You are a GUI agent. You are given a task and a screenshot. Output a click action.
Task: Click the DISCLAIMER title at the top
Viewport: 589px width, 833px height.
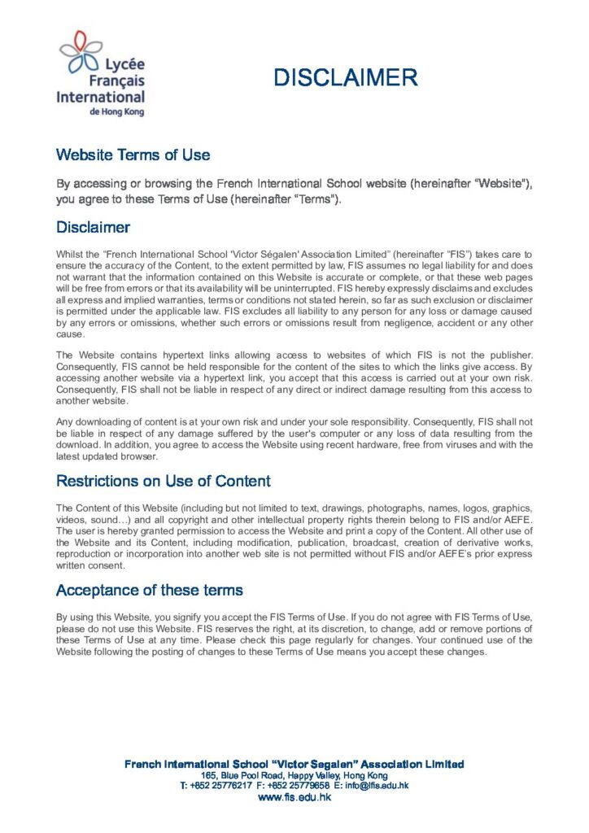tap(345, 77)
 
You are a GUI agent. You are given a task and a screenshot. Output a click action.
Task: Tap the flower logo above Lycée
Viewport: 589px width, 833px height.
tap(80, 50)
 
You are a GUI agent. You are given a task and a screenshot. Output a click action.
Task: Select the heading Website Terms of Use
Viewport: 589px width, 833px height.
tap(133, 155)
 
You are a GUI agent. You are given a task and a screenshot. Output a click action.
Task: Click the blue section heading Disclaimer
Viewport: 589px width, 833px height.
tap(93, 227)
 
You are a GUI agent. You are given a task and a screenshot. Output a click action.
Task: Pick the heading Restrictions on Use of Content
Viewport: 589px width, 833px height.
tap(163, 481)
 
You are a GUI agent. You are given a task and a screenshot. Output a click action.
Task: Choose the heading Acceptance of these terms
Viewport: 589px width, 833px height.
tap(149, 589)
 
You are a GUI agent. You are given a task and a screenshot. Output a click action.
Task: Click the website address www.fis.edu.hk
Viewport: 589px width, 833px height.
tap(294, 798)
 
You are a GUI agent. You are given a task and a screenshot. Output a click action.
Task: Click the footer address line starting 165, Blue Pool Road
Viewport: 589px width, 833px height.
tap(294, 775)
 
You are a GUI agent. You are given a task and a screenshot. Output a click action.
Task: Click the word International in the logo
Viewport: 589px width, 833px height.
tap(100, 97)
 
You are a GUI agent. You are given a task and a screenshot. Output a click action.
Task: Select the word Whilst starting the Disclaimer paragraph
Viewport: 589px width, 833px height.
tap(69, 255)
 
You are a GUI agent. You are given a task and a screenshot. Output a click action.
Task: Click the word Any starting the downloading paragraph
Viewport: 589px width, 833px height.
tap(63, 421)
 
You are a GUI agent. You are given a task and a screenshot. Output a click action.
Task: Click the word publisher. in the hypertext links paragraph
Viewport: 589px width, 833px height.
tap(512, 355)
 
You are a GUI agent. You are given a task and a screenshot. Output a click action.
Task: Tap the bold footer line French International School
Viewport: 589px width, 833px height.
tap(294, 764)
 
